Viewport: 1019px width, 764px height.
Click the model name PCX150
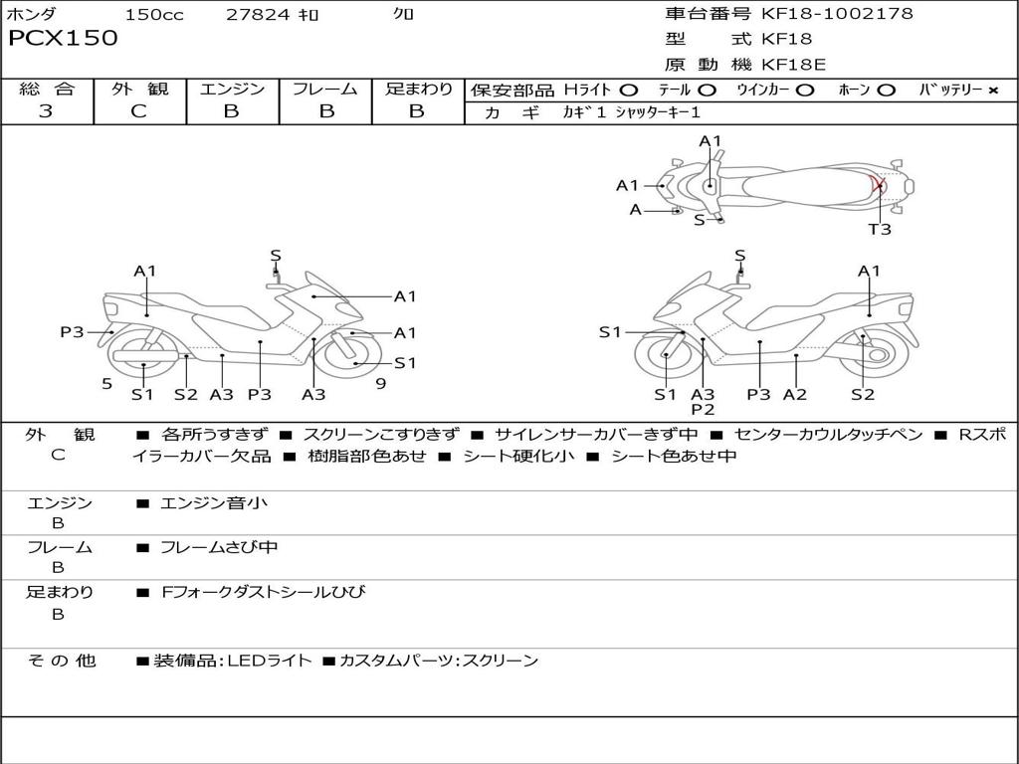click(x=63, y=39)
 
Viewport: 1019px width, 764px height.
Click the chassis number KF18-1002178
click(x=837, y=14)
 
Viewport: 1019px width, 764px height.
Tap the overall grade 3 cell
click(x=46, y=111)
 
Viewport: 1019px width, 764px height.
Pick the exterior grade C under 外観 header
click(x=138, y=111)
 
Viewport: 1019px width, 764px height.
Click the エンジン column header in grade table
click(x=232, y=89)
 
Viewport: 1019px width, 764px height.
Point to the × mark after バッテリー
click(x=992, y=91)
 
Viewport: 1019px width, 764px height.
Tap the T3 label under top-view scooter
click(x=880, y=229)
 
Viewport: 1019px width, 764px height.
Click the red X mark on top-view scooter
click(x=877, y=184)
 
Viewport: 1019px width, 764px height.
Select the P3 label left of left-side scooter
click(x=72, y=332)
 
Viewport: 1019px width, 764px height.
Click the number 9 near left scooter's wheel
click(x=381, y=383)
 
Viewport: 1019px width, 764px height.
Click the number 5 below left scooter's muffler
click(x=106, y=383)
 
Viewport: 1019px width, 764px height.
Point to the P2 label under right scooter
click(x=703, y=409)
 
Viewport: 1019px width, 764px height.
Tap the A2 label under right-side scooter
click(x=794, y=395)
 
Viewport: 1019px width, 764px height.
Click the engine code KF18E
click(x=795, y=65)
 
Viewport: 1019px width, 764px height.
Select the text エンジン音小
click(x=214, y=503)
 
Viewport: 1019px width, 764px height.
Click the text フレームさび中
click(x=219, y=547)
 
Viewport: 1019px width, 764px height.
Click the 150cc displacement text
click(x=154, y=15)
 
